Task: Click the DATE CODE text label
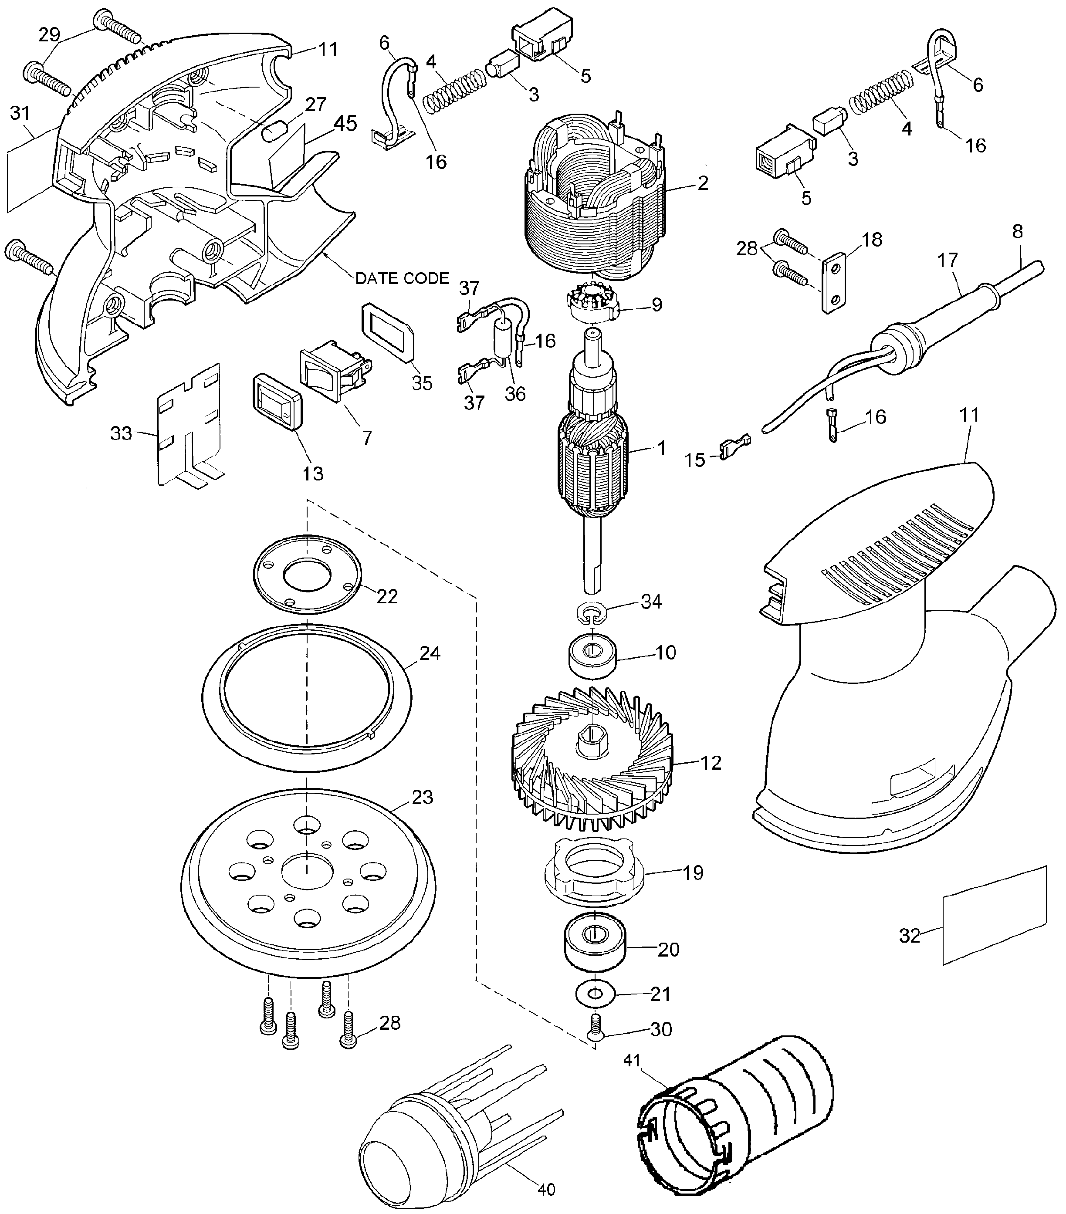click(x=402, y=278)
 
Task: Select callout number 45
click(x=345, y=124)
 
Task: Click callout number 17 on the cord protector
click(x=948, y=260)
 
